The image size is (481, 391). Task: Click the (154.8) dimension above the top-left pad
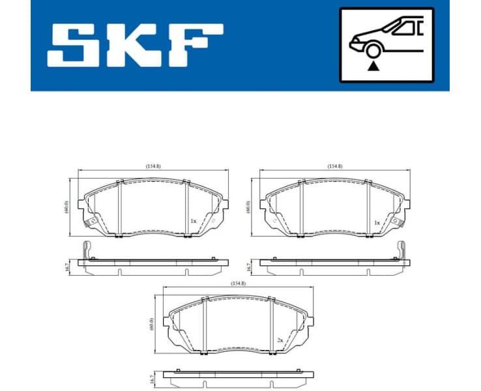click(x=153, y=167)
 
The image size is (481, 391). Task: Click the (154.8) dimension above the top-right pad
click(x=335, y=167)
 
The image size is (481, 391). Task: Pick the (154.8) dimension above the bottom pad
click(x=239, y=283)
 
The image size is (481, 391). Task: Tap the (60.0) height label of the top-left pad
click(x=66, y=207)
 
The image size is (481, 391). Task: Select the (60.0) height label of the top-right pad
click(x=248, y=207)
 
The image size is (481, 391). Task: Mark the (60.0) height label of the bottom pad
click(x=152, y=324)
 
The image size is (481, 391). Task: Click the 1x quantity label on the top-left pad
click(x=193, y=222)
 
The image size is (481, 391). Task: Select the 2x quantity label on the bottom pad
click(x=279, y=340)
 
